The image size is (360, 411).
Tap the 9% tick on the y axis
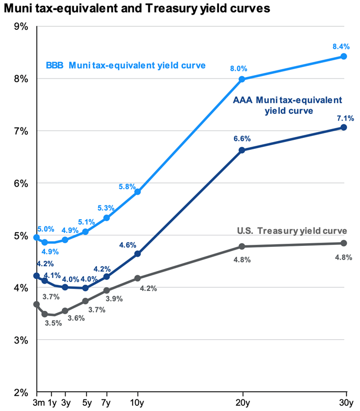[21, 26]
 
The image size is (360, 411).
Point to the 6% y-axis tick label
[21, 183]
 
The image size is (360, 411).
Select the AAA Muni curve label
[287, 105]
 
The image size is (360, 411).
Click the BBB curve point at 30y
[344, 56]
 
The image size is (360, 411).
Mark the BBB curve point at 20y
[242, 79]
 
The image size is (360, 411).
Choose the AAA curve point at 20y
[242, 150]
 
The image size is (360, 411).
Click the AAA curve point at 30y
[344, 127]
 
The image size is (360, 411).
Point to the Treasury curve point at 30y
[344, 243]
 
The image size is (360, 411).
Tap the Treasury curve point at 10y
[138, 278]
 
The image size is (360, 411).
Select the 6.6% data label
[242, 139]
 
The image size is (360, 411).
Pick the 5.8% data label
[127, 186]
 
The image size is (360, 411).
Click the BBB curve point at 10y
[138, 192]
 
